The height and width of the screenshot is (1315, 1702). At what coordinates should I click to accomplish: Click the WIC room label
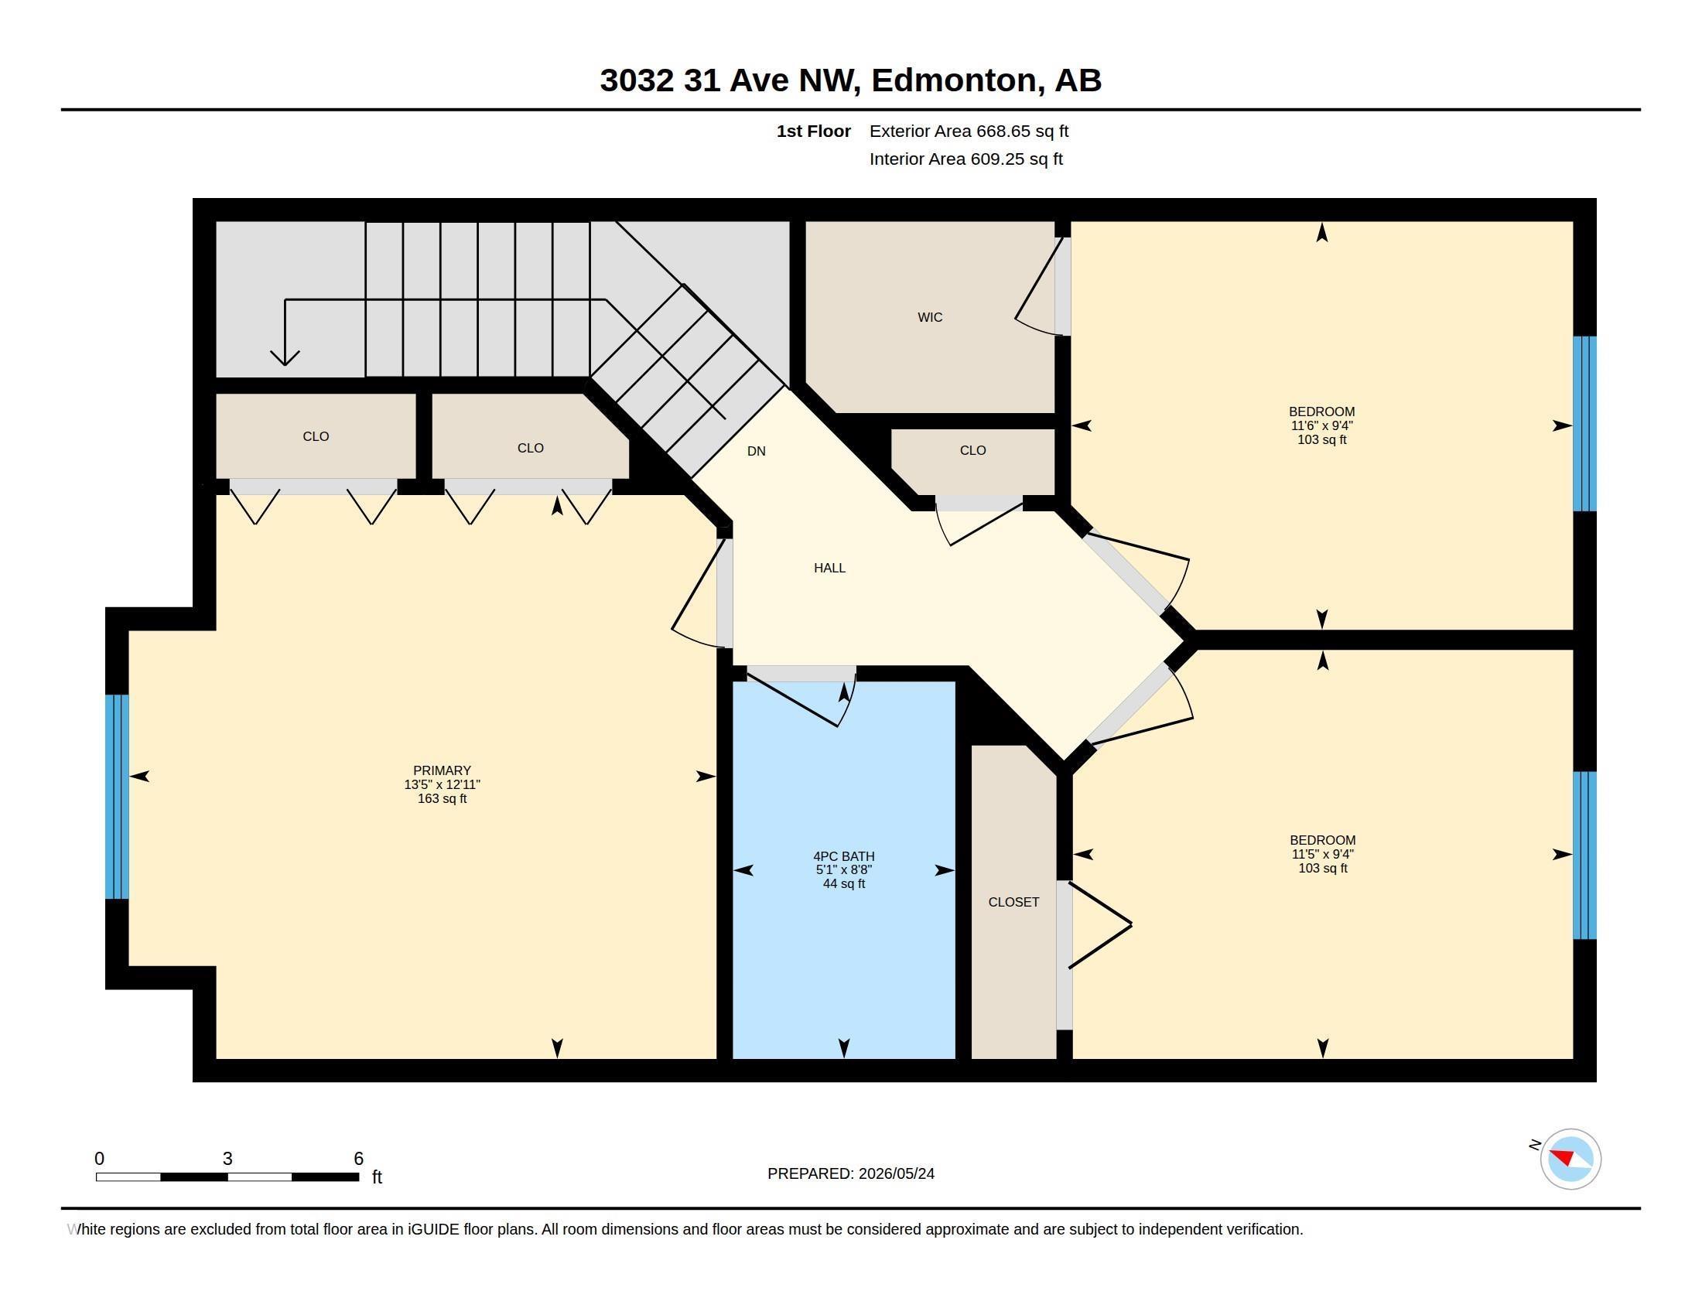[930, 317]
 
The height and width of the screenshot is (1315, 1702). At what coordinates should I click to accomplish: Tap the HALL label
[829, 568]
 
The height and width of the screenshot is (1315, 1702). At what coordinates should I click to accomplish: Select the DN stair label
[756, 451]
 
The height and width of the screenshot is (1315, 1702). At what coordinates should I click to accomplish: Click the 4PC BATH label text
[844, 856]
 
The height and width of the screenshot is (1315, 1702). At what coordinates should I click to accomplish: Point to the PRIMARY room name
[442, 770]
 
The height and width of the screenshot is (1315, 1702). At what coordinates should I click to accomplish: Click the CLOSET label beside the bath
[1013, 902]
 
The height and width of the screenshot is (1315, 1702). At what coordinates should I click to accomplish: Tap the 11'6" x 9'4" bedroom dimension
[1321, 425]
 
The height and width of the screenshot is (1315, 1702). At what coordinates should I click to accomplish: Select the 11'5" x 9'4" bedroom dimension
[1322, 854]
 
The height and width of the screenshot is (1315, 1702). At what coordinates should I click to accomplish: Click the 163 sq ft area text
[442, 798]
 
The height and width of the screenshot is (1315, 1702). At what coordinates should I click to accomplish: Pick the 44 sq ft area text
[844, 883]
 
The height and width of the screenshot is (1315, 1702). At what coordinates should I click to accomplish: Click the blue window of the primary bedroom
[117, 796]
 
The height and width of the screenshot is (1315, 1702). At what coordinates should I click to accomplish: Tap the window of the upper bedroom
[1584, 424]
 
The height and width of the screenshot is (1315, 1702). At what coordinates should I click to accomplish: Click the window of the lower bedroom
[1584, 856]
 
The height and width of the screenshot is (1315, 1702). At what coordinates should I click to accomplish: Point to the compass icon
[1570, 1160]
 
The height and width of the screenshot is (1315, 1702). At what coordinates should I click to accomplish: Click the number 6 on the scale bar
[358, 1159]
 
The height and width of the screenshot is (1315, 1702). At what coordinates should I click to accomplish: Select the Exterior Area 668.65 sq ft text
[969, 131]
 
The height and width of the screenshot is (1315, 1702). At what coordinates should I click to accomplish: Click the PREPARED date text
[851, 1173]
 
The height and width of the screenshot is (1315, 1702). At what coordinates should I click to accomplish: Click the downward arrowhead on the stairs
[285, 357]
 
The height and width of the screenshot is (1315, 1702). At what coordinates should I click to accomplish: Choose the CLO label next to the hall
[972, 450]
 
